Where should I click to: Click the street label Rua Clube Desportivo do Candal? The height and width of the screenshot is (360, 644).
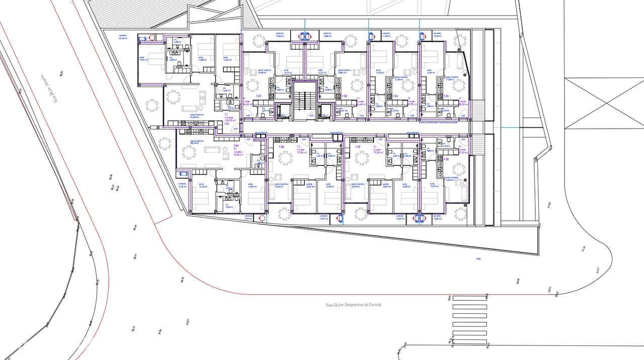point(354,305)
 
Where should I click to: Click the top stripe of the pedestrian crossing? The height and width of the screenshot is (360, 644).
point(470,298)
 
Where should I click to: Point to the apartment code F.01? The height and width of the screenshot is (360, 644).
point(227,123)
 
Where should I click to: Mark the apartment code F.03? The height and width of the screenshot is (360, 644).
point(345,96)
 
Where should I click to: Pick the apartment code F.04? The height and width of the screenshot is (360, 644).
point(395,96)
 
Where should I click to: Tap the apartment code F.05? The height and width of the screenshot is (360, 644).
point(446,96)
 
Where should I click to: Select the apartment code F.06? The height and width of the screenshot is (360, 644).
point(446,159)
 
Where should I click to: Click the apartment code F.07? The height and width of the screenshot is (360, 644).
point(358,147)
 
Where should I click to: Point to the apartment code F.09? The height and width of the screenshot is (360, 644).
point(236,146)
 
